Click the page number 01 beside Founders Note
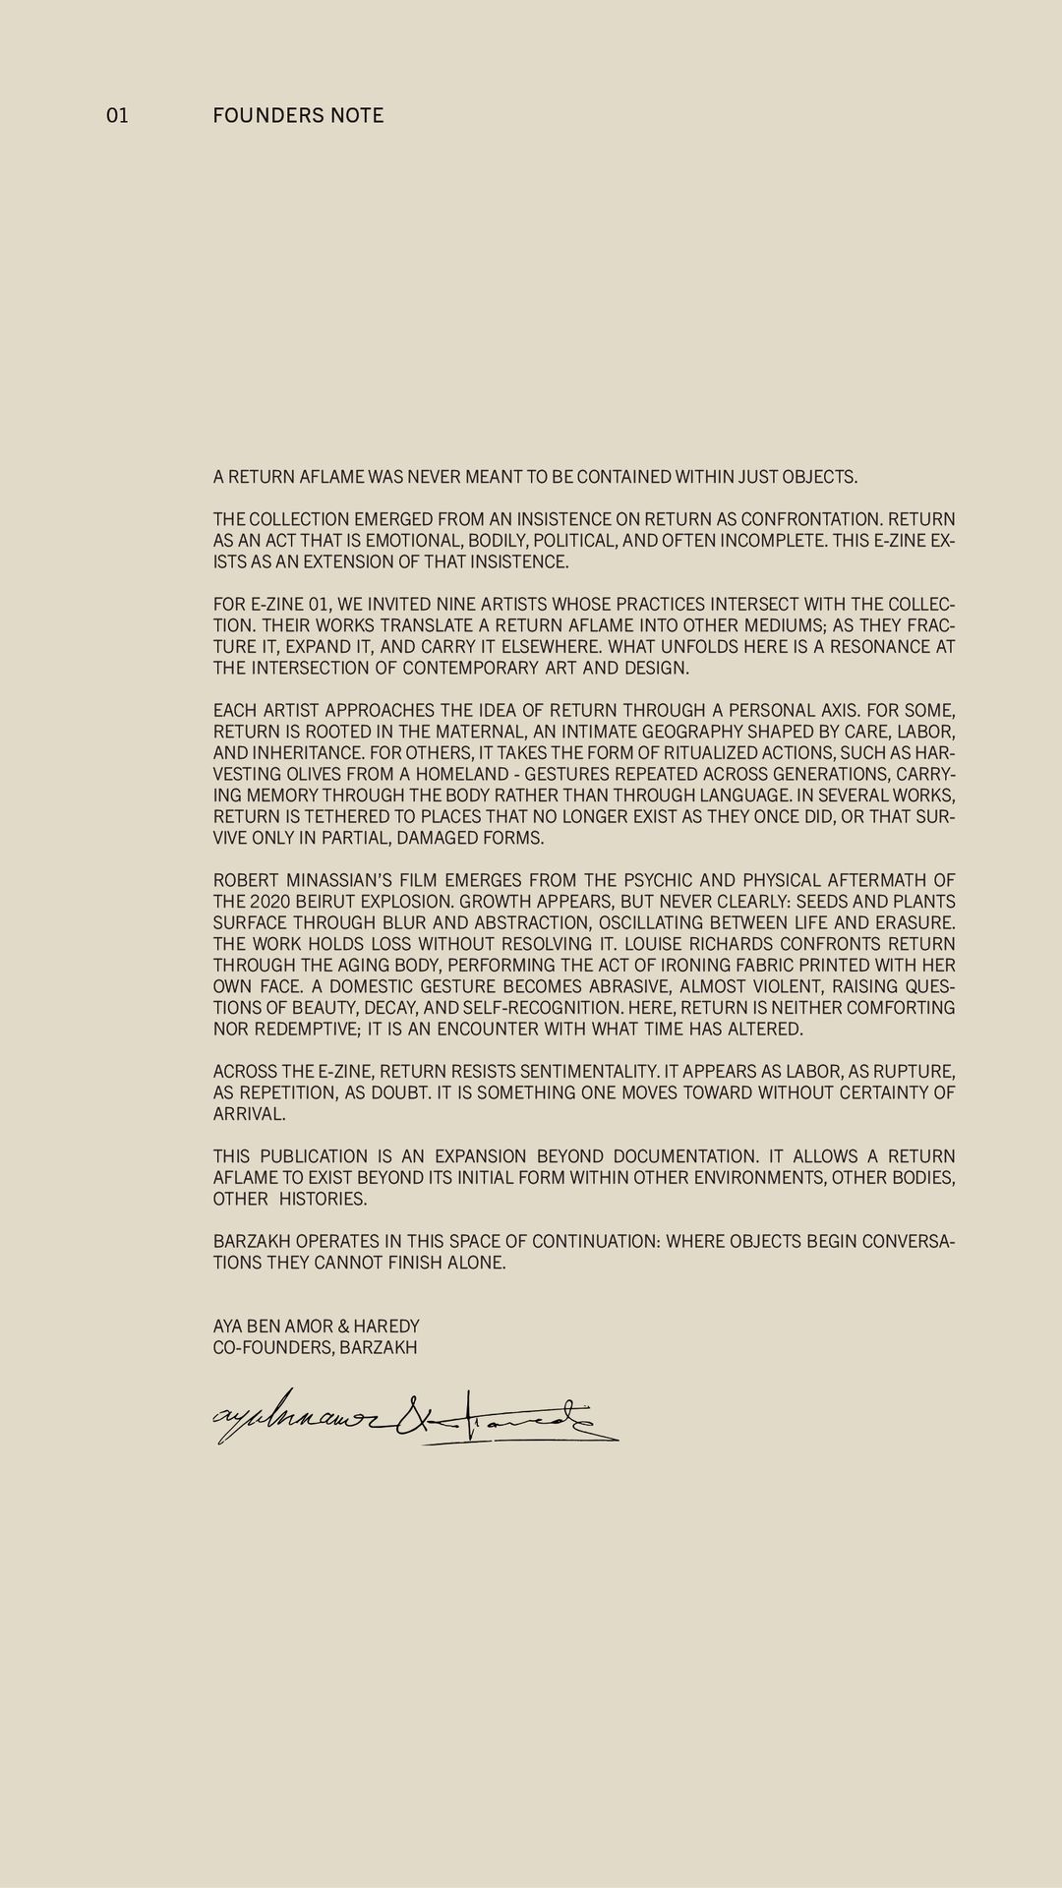117,116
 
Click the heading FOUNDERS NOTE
298,116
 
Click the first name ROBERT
246,880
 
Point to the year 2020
269,902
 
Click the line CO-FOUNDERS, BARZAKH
315,1347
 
